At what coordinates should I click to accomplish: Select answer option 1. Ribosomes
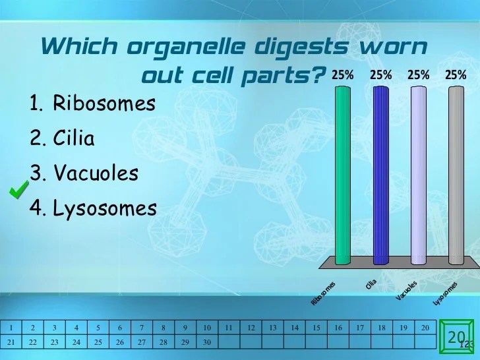click(x=92, y=104)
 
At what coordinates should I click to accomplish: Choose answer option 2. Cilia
click(x=62, y=138)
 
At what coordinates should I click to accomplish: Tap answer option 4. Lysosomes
click(x=93, y=208)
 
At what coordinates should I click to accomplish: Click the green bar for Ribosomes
click(x=342, y=175)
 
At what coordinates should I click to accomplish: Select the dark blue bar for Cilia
click(x=380, y=175)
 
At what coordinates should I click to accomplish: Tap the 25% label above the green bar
click(x=342, y=75)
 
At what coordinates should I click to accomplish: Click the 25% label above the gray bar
click(x=456, y=75)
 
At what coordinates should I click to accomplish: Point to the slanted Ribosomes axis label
click(x=323, y=293)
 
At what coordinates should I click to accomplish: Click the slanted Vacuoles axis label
click(x=407, y=291)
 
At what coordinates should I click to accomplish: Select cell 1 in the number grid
click(x=12, y=328)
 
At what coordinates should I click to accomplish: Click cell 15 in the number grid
click(x=316, y=328)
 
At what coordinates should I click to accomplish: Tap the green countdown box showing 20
click(x=456, y=339)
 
